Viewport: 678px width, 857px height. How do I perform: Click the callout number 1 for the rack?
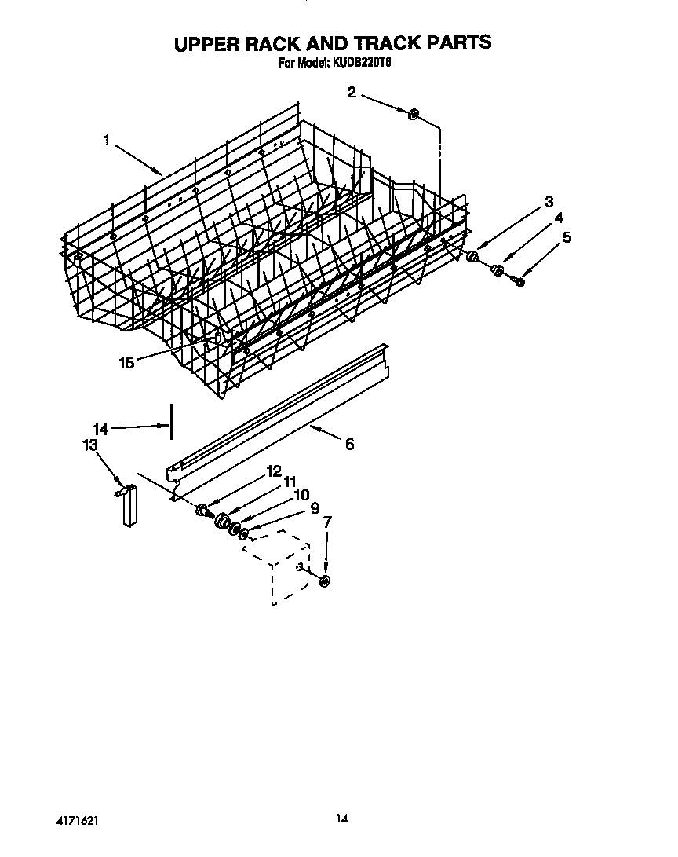106,141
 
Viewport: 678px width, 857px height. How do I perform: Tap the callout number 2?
352,93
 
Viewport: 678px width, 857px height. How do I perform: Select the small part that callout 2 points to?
413,115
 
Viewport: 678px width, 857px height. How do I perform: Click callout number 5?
567,236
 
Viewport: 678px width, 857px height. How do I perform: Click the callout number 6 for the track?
349,444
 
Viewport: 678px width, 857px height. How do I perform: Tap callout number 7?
327,521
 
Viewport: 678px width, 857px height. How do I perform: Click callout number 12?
273,471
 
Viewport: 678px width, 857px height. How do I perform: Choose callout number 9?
315,508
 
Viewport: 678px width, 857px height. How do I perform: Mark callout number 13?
90,446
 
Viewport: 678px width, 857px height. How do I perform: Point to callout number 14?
100,429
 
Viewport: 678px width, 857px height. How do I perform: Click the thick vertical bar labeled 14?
171,423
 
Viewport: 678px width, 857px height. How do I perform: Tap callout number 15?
126,362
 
